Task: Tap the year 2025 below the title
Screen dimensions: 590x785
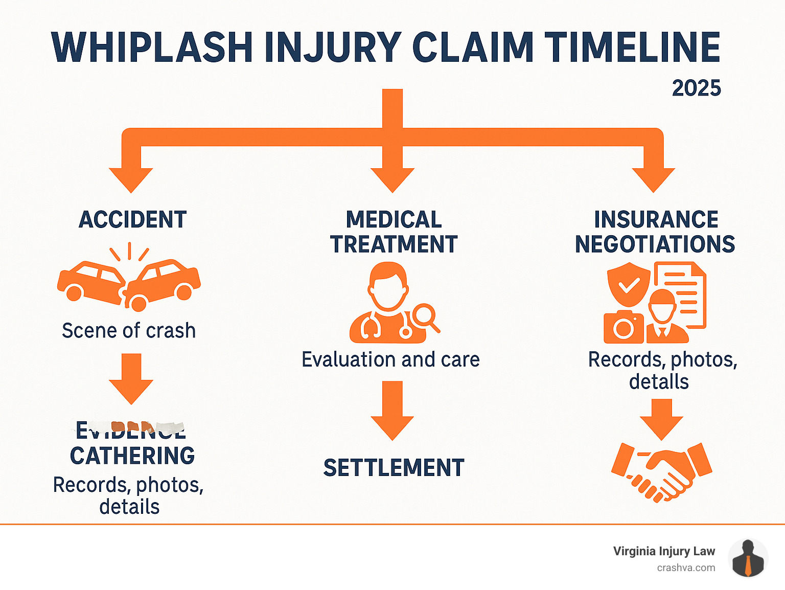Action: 696,88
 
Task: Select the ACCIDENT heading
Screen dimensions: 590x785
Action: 132,220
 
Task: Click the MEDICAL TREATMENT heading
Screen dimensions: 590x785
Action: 394,232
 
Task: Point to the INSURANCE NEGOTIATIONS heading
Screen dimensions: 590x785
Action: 655,232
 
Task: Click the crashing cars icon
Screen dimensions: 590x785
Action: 129,281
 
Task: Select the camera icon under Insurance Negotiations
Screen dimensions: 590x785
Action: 624,327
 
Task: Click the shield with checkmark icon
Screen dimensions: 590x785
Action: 629,284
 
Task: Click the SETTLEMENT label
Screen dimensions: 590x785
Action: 394,468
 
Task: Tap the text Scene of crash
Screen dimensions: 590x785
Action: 129,331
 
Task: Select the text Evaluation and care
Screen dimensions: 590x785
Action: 390,359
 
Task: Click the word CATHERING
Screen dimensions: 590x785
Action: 132,456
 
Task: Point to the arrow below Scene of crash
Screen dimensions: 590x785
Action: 131,379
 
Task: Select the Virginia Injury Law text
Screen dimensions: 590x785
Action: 664,551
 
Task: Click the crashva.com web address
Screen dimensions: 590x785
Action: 686,568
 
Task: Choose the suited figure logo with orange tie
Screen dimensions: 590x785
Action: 748,559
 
